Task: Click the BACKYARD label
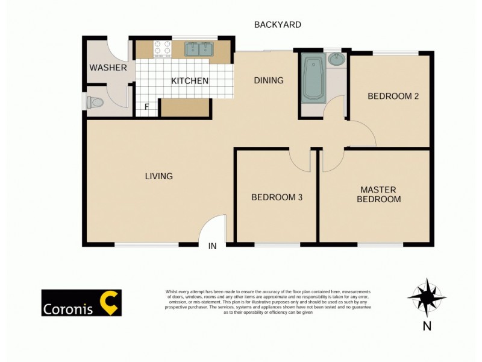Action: (277, 25)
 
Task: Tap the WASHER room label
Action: (108, 68)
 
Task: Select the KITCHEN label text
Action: (190, 81)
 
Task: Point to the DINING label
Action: (268, 81)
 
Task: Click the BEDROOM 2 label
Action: (393, 96)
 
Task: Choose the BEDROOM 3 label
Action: (277, 197)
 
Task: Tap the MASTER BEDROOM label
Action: (378, 194)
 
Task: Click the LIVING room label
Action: (158, 176)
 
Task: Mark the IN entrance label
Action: (212, 246)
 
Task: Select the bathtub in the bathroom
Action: (313, 78)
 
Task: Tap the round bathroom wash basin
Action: (336, 60)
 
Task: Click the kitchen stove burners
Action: (161, 48)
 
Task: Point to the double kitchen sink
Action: (198, 48)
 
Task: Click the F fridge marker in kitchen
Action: (146, 107)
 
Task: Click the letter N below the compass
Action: (427, 326)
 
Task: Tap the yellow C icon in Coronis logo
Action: (109, 303)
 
